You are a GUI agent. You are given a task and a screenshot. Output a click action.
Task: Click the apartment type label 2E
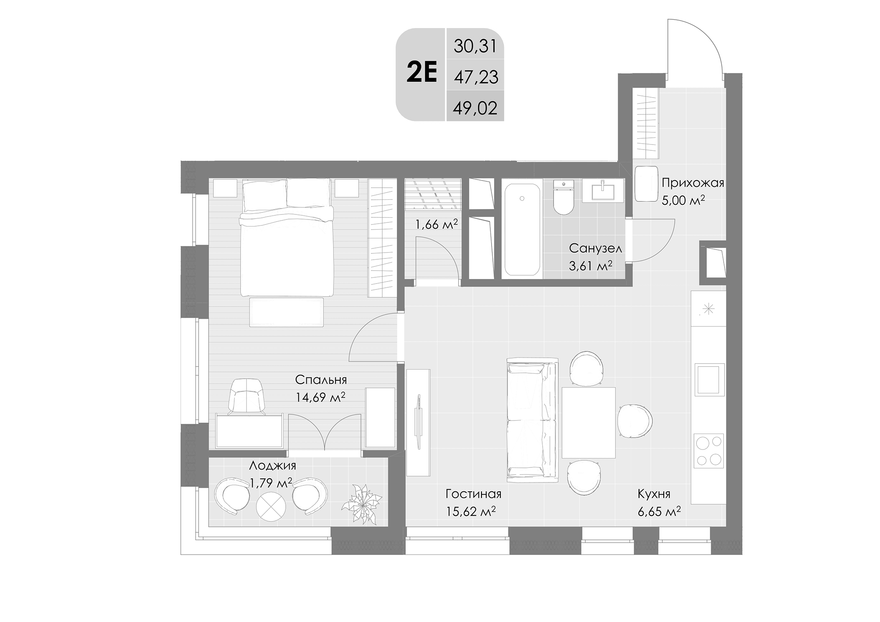click(x=422, y=72)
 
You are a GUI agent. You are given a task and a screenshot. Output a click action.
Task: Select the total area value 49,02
click(x=475, y=108)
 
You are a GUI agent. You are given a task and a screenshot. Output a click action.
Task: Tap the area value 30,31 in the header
click(x=475, y=46)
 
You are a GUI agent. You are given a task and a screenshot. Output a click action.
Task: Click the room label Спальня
click(x=321, y=379)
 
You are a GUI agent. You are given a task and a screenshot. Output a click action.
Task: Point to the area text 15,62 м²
click(x=471, y=511)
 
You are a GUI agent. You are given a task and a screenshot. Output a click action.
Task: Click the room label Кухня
click(x=654, y=494)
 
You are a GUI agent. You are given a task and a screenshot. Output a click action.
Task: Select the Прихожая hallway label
click(x=693, y=183)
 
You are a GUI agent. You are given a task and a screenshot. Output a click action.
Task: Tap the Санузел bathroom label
click(x=595, y=248)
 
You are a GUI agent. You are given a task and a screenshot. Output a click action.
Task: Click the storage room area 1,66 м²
click(x=436, y=225)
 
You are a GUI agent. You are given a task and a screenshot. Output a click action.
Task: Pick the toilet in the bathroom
click(x=563, y=199)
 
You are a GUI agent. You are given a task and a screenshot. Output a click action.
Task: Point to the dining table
click(x=588, y=422)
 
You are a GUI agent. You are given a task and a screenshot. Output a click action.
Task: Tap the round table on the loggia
click(x=270, y=507)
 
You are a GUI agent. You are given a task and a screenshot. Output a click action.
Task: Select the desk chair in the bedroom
click(x=246, y=396)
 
